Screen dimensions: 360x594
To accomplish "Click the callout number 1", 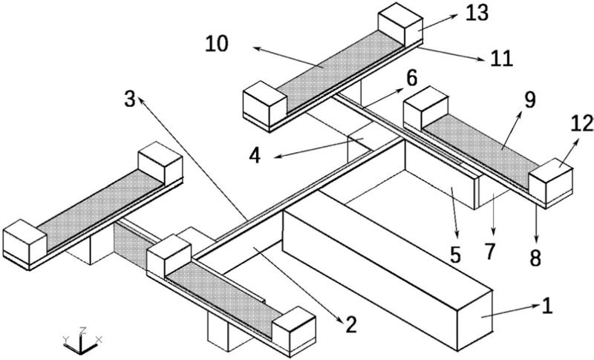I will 548,304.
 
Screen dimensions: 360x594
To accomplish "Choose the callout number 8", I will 535,259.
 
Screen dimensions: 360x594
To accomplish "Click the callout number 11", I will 503,59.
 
